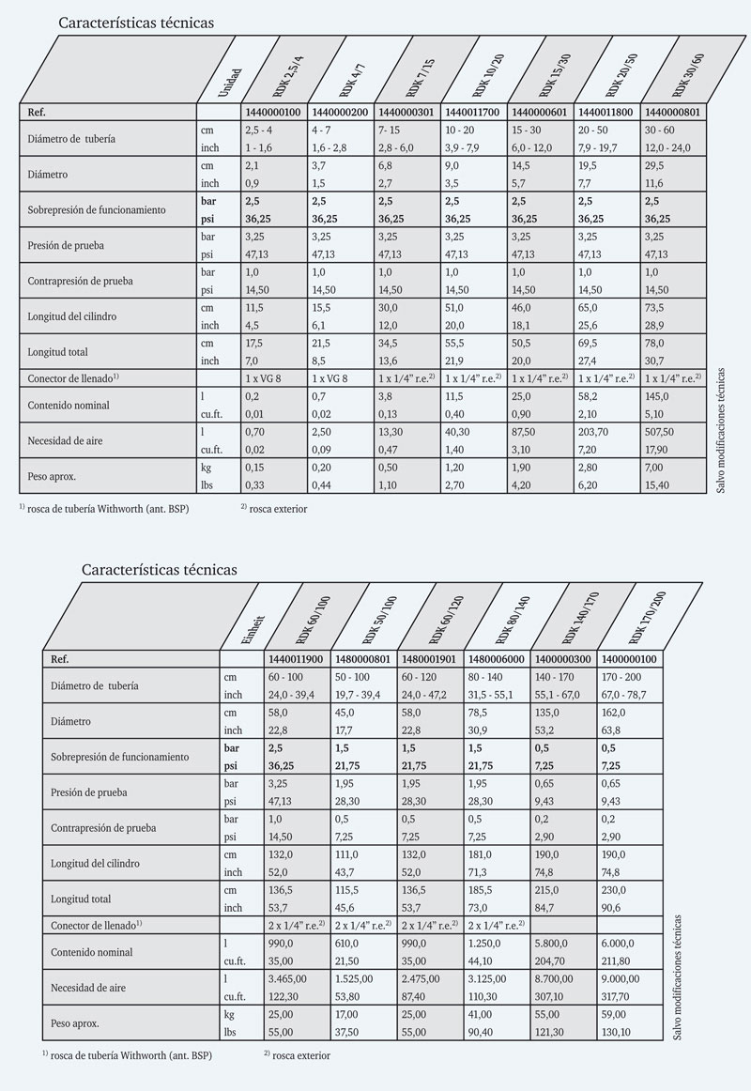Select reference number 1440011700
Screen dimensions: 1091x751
(x=474, y=113)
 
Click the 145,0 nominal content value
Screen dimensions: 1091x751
(x=657, y=398)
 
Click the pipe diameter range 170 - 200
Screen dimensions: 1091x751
(x=621, y=676)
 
